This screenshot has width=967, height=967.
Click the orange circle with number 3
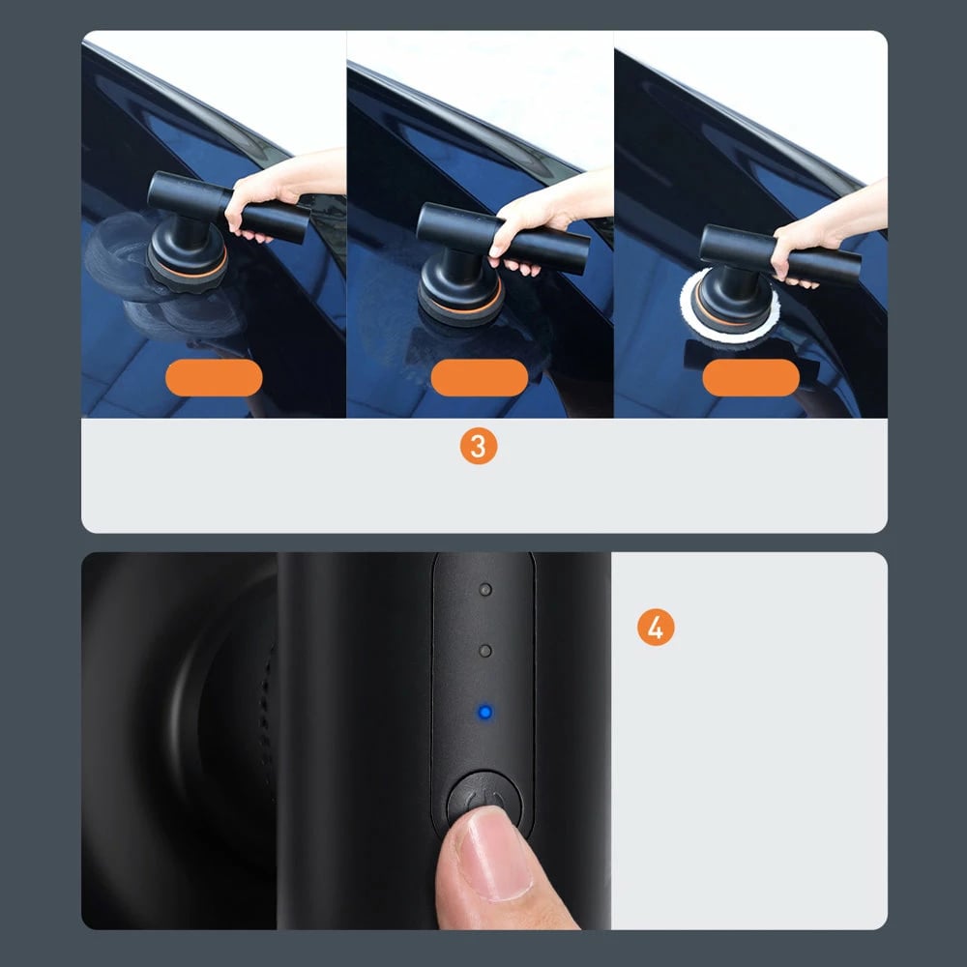tap(478, 447)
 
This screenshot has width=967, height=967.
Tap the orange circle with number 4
tap(655, 628)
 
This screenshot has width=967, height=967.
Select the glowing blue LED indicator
tap(485, 713)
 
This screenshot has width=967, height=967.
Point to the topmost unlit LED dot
tap(485, 589)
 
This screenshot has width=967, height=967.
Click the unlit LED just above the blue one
tap(485, 651)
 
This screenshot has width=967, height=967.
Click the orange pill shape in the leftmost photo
tap(214, 377)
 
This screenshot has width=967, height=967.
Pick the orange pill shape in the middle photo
tap(480, 377)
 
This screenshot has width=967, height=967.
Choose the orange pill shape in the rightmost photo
tap(751, 377)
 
